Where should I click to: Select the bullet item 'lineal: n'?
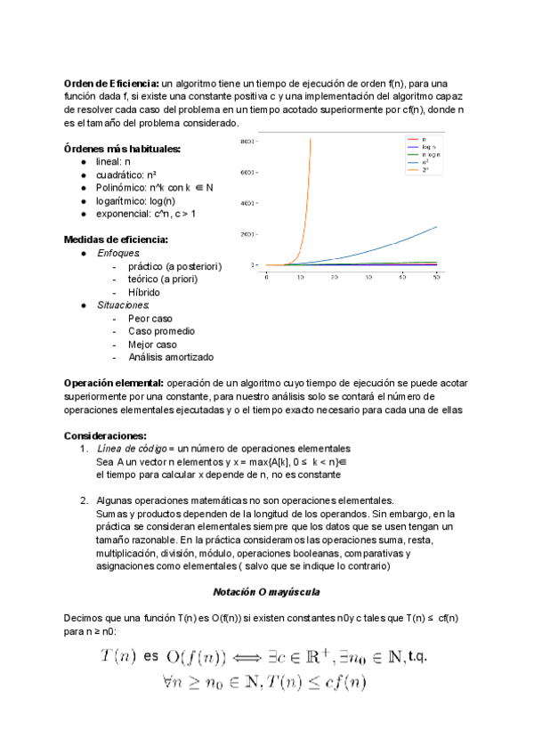tap(113, 162)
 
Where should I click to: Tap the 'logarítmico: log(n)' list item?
tap(135, 200)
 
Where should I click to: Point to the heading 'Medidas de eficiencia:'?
tap(116, 239)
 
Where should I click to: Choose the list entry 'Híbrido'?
tap(144, 292)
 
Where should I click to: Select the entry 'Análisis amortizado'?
tap(171, 357)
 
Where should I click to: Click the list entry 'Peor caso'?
tap(150, 318)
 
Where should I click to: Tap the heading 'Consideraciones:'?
tap(105, 435)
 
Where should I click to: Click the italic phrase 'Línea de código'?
tap(129, 448)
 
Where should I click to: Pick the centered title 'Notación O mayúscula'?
tap(266, 592)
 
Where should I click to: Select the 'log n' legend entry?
tap(420, 147)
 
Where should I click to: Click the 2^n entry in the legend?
tap(418, 168)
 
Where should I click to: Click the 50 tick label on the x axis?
tap(437, 278)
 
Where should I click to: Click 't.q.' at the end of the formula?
tap(415, 657)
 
